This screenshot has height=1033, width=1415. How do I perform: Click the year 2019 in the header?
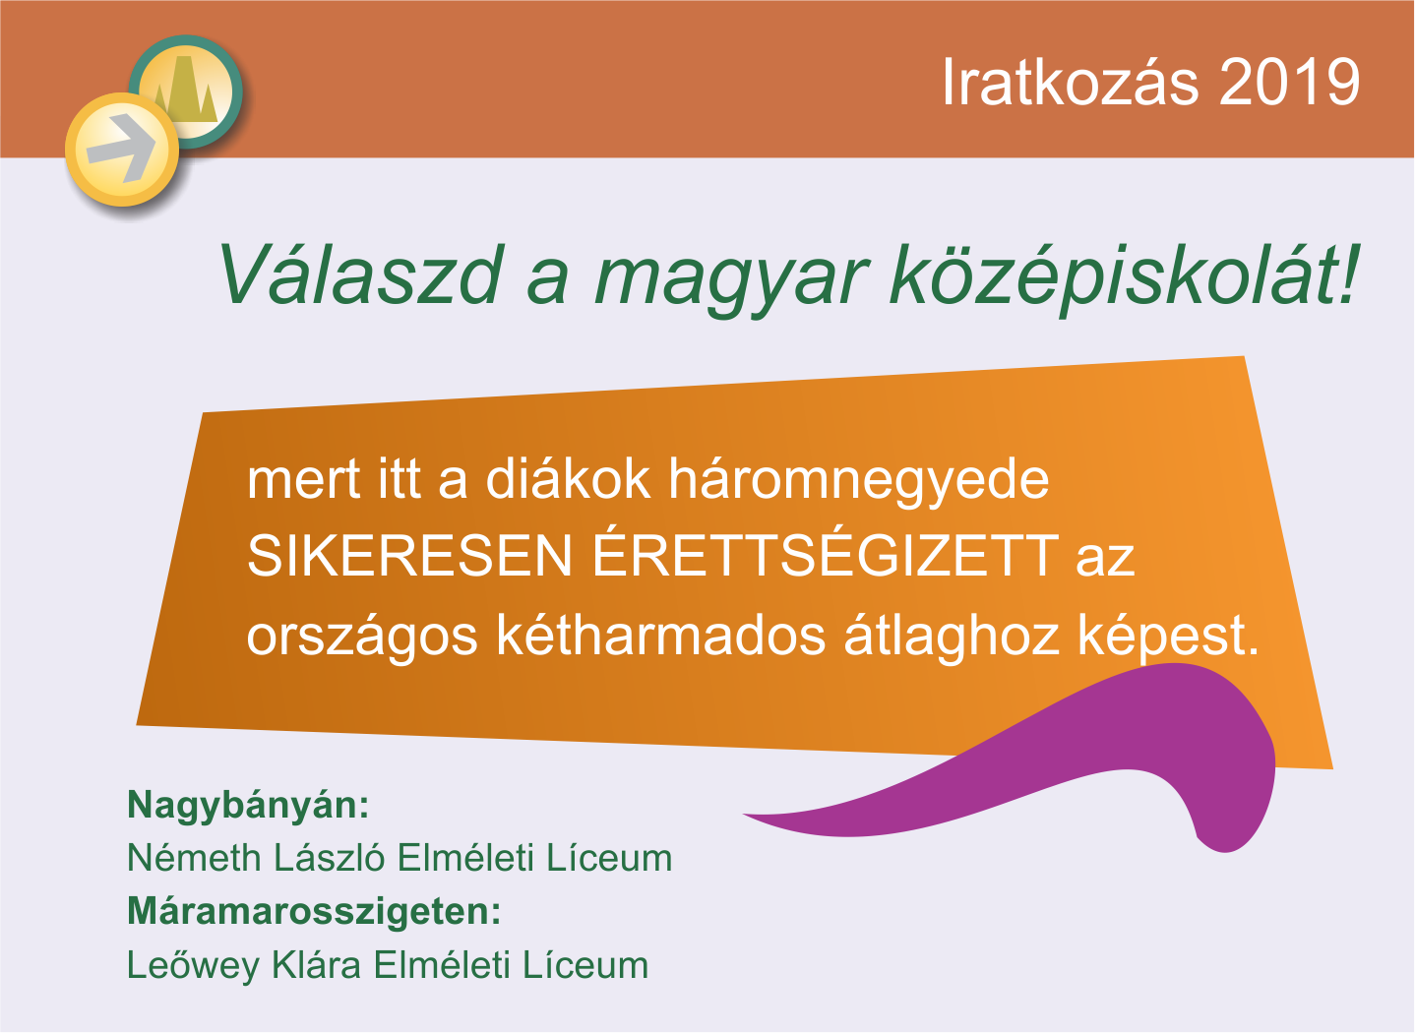(1289, 82)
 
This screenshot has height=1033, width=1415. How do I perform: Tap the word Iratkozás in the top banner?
(1070, 81)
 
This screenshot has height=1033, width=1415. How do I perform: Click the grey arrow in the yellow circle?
(121, 149)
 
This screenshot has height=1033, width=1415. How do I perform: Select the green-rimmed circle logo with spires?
(186, 92)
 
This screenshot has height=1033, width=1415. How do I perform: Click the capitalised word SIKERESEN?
(409, 556)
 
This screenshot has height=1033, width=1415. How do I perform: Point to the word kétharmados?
(661, 636)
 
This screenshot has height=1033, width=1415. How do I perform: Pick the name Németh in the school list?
(194, 858)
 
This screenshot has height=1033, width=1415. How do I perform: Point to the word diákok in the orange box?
(568, 479)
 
